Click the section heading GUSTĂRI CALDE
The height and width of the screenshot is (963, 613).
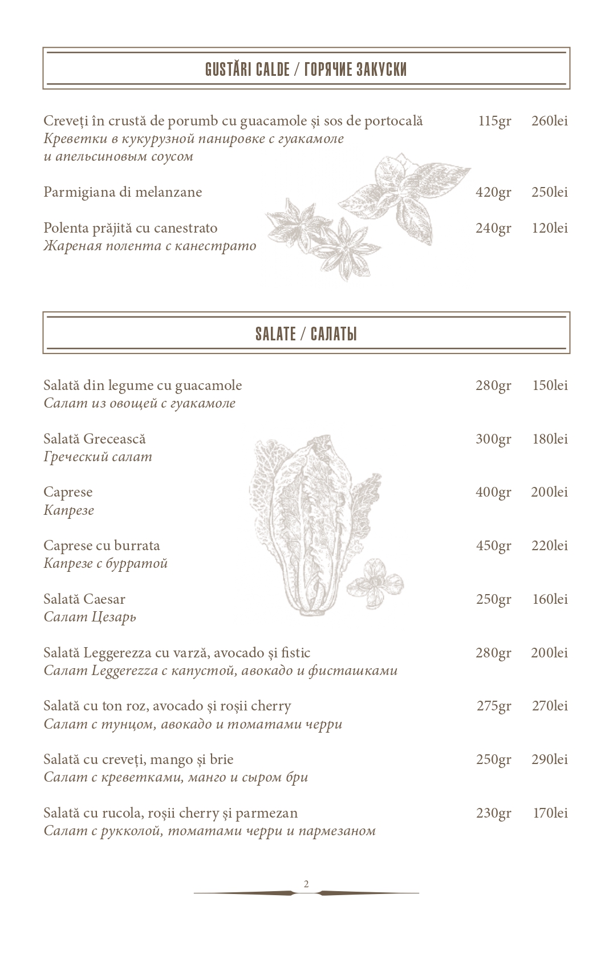coord(247,70)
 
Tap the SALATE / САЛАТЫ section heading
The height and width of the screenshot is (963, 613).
coord(306,334)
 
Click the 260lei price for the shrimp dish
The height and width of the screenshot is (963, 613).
coord(549,121)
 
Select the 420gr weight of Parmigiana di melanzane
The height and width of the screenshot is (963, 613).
coord(493,193)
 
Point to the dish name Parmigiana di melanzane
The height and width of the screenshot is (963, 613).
coord(123,192)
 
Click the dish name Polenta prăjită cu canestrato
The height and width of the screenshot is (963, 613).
coord(130,228)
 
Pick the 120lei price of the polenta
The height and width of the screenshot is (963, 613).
coord(549,228)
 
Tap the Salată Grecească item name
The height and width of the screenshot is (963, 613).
coord(95,439)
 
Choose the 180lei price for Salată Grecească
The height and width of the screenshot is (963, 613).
coord(549,439)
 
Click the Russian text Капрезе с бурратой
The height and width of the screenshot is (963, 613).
coord(105,564)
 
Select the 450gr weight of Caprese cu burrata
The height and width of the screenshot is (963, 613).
coord(493,546)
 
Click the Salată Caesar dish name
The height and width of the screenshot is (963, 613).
coord(84,599)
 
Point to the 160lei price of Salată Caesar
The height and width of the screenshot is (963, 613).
coord(549,599)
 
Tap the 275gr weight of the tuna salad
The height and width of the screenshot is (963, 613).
coord(493,706)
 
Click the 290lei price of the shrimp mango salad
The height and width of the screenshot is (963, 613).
coord(549,759)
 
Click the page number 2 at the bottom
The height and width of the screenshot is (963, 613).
coord(306,884)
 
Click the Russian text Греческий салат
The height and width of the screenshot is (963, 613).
coord(98,457)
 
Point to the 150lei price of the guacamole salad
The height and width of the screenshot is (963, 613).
coord(549,385)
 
